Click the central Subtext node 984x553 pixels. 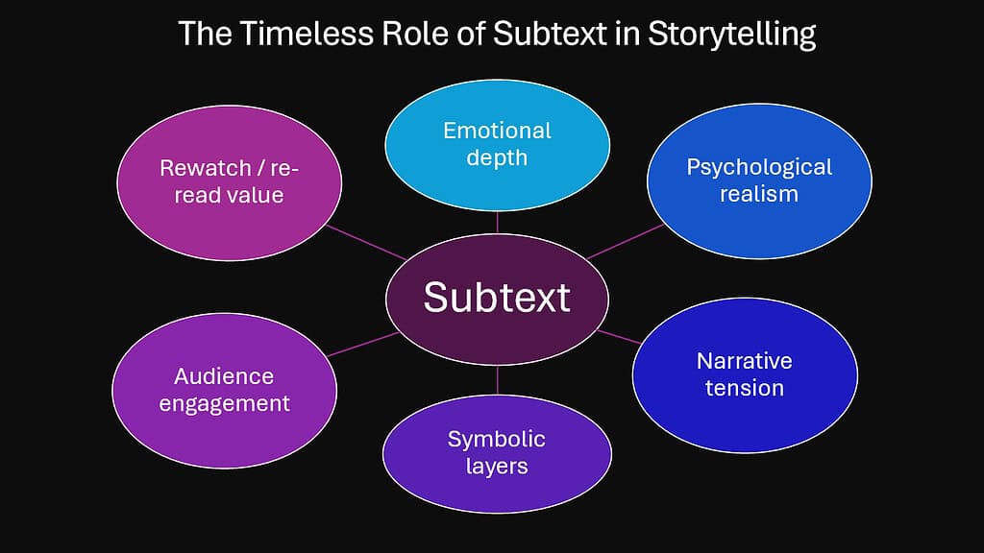pos(497,298)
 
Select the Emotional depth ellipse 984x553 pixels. pos(497,143)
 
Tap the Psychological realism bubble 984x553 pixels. pos(758,180)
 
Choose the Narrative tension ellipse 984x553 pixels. pos(744,373)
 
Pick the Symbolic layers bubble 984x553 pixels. pos(497,452)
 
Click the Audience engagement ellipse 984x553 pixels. pos(224,389)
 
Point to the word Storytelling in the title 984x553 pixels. pos(731,35)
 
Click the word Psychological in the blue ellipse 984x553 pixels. pos(758,167)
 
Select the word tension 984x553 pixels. pos(744,388)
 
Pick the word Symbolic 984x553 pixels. pos(497,440)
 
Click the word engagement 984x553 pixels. pos(224,403)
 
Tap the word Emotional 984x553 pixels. pos(497,130)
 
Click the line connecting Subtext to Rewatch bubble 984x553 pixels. pos(366,242)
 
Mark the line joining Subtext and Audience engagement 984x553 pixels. pos(362,345)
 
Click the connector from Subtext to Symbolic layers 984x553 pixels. pos(498,380)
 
